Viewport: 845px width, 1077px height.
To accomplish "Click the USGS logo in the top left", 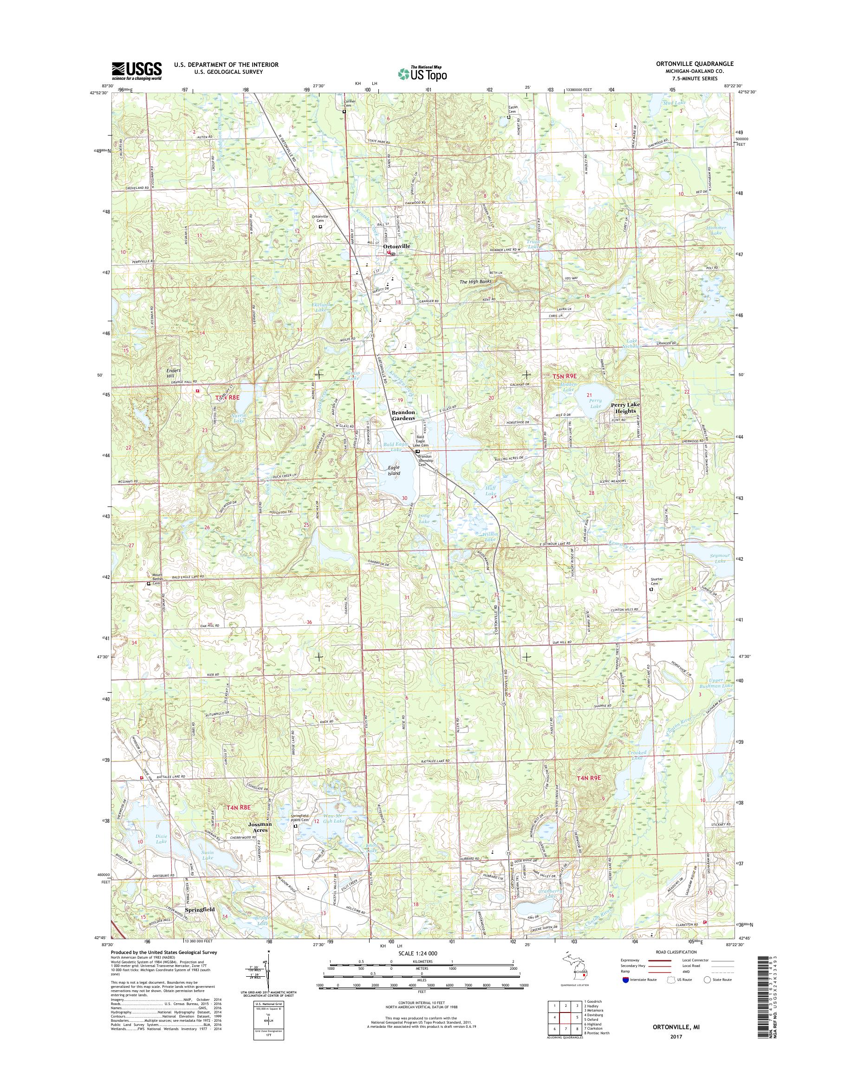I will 136,71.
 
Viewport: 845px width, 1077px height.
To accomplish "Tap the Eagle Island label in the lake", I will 394,470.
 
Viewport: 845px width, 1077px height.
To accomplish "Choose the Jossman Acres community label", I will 260,827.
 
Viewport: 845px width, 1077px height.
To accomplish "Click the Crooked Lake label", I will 637,755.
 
